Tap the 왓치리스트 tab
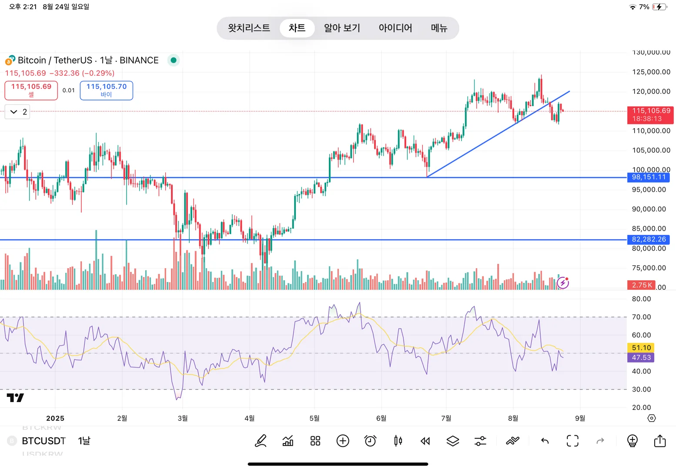[249, 28]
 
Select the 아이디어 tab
[395, 28]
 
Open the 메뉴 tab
[439, 28]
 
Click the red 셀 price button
[31, 90]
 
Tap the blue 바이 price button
[107, 90]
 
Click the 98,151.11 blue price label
[649, 177]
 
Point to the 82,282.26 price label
[649, 239]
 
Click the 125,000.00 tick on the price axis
[651, 72]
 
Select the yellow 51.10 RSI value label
[641, 348]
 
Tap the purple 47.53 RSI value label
[641, 357]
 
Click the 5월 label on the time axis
[314, 418]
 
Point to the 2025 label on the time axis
[55, 418]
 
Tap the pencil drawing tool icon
[261, 441]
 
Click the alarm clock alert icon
[370, 441]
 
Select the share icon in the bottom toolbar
[660, 441]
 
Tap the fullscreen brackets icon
[572, 441]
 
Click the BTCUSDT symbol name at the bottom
[44, 441]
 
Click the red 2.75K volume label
[642, 285]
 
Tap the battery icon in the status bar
[659, 7]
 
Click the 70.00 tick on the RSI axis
[641, 317]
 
